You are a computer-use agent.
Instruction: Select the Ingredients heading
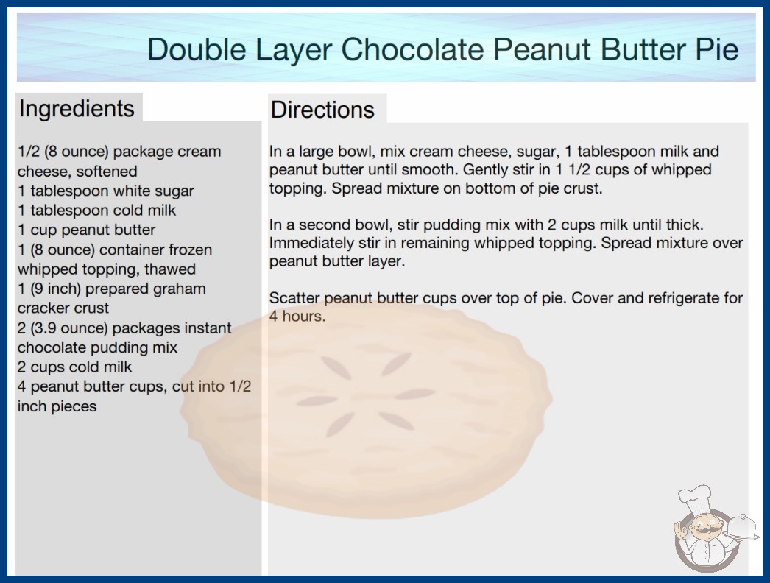click(77, 109)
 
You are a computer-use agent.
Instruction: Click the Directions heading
click(322, 110)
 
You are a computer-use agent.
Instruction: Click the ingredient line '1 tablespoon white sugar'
click(105, 191)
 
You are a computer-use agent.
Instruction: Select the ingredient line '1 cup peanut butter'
click(86, 230)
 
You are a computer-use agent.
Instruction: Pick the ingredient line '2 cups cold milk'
click(74, 367)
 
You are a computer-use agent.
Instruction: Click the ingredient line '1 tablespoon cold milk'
click(96, 211)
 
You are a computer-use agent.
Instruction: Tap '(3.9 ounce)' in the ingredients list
click(69, 328)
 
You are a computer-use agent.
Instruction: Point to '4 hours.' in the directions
click(297, 317)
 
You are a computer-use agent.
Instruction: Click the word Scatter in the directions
click(294, 298)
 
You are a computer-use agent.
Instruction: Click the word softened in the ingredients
click(107, 172)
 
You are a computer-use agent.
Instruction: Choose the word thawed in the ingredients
click(170, 269)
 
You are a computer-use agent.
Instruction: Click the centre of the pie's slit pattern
click(366, 395)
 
